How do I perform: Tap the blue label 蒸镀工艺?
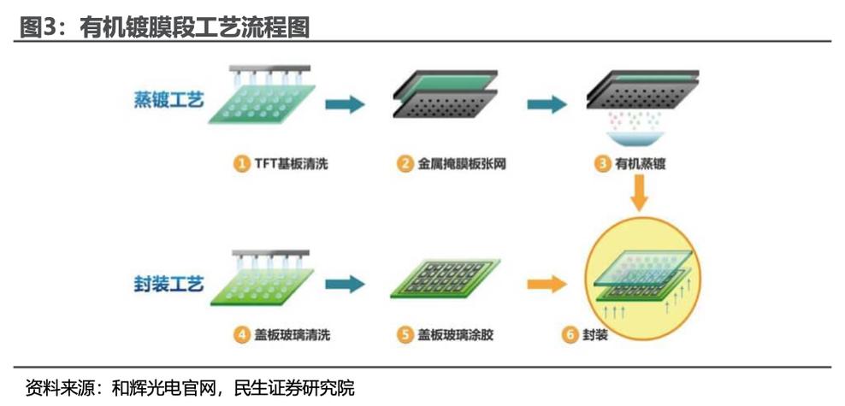(x=168, y=101)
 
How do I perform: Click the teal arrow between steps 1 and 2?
(x=346, y=105)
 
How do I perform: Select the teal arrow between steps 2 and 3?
(x=546, y=105)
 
